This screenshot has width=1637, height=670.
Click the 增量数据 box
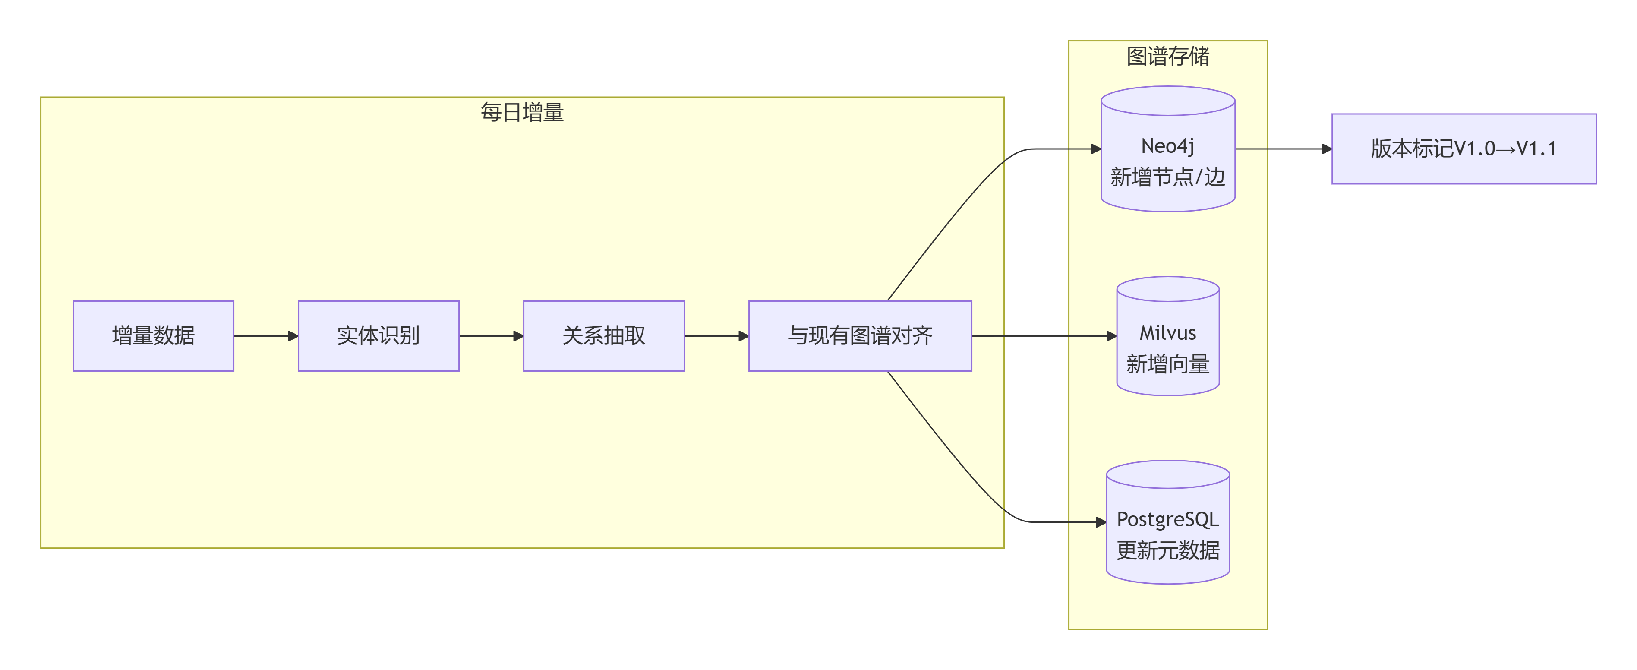coord(153,335)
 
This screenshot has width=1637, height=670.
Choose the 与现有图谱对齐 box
coord(860,335)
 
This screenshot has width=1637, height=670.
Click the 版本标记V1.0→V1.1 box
coord(1464,149)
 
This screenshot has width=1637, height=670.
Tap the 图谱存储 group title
coord(1167,56)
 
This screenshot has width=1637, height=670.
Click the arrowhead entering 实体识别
coord(293,335)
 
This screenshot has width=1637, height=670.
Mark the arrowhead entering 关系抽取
coord(518,335)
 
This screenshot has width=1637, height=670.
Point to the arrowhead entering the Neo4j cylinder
coord(1095,149)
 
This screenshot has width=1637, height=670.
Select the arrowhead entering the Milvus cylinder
coord(1111,335)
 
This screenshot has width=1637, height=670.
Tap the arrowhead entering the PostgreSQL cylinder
coord(1101,522)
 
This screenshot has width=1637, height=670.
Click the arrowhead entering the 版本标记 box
coord(1326,149)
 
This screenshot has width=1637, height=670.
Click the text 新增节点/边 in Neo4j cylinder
coord(1167,177)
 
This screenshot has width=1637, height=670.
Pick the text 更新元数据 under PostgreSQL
coord(1167,550)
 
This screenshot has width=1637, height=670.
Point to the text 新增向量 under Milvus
coord(1167,364)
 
